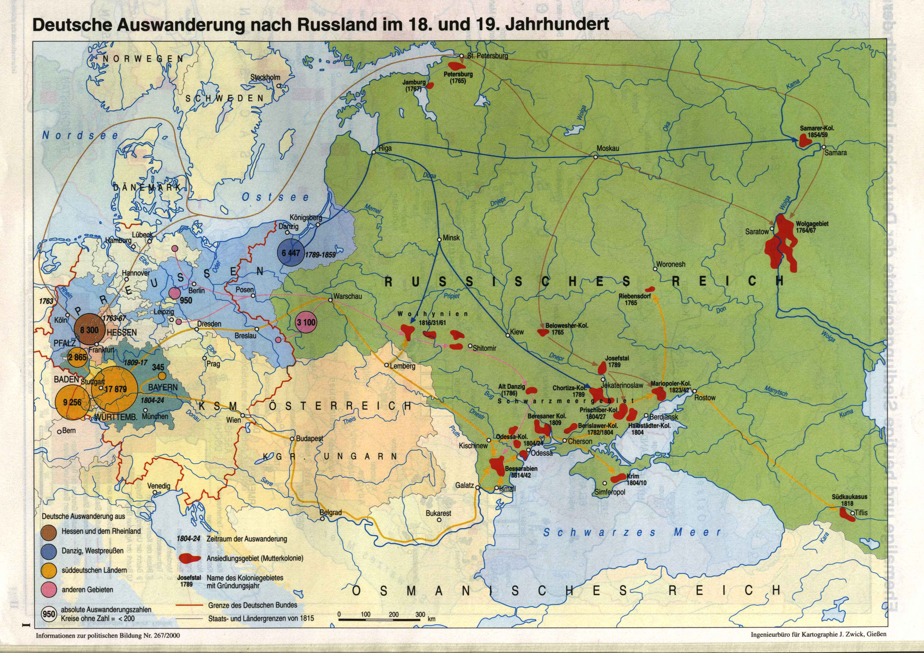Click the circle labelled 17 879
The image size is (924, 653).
click(115, 389)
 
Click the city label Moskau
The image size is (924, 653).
click(608, 149)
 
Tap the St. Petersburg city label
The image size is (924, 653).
click(487, 56)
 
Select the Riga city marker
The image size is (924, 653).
click(374, 152)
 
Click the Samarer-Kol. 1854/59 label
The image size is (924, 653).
click(817, 132)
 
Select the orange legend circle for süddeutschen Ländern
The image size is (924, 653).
click(51, 570)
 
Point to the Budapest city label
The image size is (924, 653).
click(310, 439)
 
